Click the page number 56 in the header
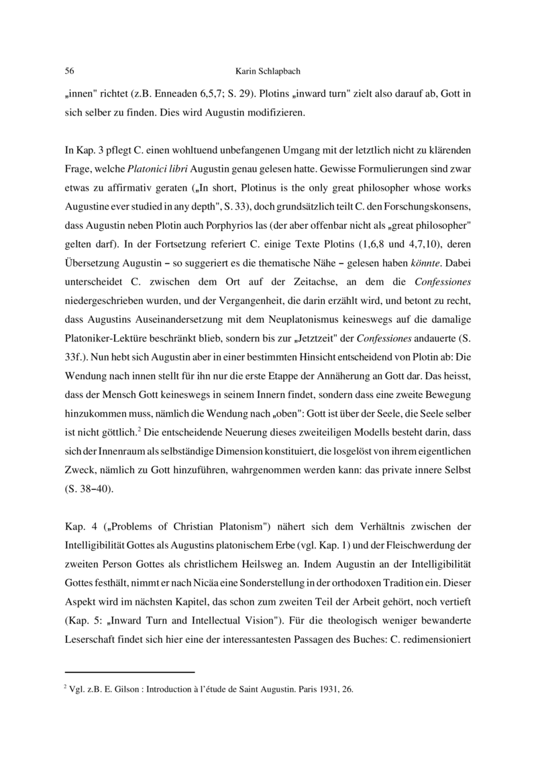(69, 70)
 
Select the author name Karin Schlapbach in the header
(268, 70)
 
